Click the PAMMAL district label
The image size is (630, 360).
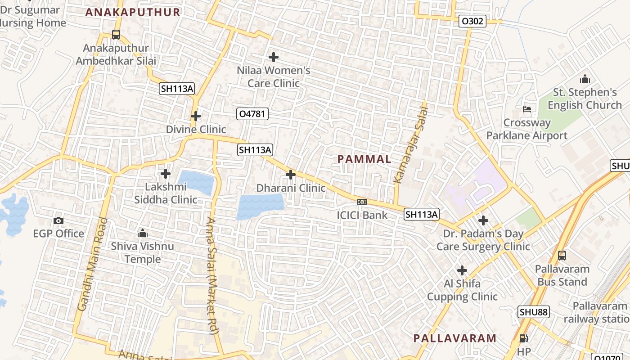click(x=364, y=159)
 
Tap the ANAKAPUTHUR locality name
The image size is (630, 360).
click(x=133, y=12)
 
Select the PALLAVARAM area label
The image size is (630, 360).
click(x=454, y=338)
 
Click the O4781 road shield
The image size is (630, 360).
click(x=252, y=114)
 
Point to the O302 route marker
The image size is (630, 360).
click(x=472, y=21)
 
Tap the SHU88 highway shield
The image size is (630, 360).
click(x=534, y=312)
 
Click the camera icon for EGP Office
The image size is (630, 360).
click(x=58, y=220)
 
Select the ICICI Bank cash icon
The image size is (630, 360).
click(x=362, y=202)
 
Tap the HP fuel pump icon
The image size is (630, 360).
click(x=524, y=338)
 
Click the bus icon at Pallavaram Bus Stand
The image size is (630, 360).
click(x=562, y=256)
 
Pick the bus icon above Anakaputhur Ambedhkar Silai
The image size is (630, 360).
click(x=116, y=34)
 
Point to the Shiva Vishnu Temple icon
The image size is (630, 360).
click(x=143, y=233)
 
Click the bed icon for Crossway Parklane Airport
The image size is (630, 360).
click(x=527, y=109)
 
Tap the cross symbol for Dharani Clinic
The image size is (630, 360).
click(x=291, y=175)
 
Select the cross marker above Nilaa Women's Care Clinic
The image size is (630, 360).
click(x=273, y=57)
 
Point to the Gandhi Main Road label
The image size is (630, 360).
click(x=93, y=264)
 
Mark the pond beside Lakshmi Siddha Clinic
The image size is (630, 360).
click(x=197, y=182)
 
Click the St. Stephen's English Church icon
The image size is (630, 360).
click(x=585, y=79)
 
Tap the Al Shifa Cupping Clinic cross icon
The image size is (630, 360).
click(x=462, y=270)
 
